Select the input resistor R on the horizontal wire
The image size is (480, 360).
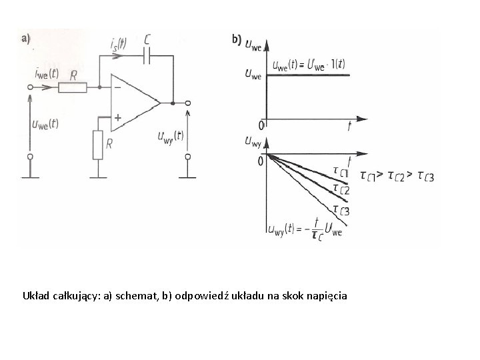pos(73,87)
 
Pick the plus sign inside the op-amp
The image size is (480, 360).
pos(117,117)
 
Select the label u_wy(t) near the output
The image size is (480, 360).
pos(170,137)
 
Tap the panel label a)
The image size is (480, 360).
pos(28,38)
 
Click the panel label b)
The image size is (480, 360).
pos(236,39)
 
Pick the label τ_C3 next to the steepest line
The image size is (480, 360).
pos(341,211)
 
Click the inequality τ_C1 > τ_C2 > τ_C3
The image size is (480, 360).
pos(397,176)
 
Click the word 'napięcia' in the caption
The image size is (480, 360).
pos(327,295)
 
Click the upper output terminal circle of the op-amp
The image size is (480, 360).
pos(188,103)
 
